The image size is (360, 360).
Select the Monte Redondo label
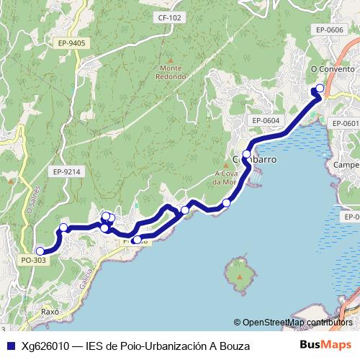click(x=171, y=73)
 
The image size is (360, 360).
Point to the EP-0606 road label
click(x=329, y=30)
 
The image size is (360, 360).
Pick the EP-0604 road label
click(x=266, y=120)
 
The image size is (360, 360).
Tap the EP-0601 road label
click(x=346, y=124)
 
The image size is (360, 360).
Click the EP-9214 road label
click(x=66, y=171)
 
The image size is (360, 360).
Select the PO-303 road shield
click(x=33, y=260)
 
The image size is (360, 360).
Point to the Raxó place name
click(x=49, y=314)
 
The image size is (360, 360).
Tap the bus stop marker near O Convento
click(x=320, y=89)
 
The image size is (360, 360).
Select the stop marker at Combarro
click(x=246, y=154)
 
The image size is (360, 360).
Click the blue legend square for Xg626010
click(x=9, y=346)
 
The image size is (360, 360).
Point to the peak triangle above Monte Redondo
click(x=171, y=61)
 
